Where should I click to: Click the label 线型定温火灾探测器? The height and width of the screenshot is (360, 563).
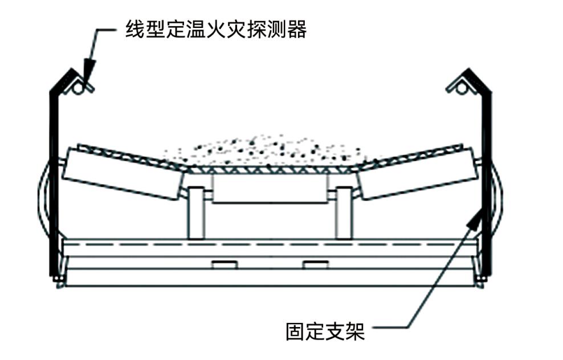pyautogui.click(x=216, y=29)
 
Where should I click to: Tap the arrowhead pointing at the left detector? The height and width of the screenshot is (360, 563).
pyautogui.click(x=88, y=69)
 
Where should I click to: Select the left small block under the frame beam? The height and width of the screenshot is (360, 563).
pyautogui.click(x=224, y=264)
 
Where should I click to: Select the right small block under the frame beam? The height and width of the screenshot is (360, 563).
pyautogui.click(x=315, y=264)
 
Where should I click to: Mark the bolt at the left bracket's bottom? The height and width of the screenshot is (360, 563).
pyautogui.click(x=58, y=279)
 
